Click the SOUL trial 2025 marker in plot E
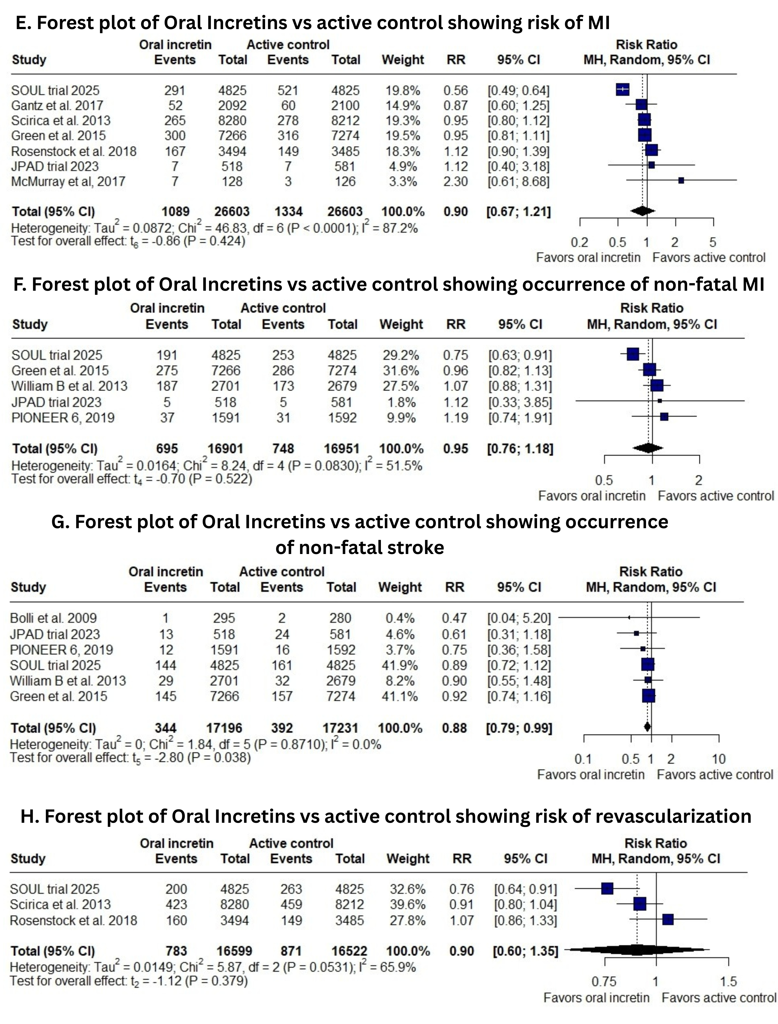point(622,90)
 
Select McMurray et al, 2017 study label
point(68,181)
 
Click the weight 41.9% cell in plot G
point(400,665)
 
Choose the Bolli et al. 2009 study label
point(53,618)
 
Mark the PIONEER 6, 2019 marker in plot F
point(664,417)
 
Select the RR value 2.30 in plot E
point(455,181)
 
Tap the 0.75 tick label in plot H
point(604,981)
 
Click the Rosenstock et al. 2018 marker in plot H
point(668,919)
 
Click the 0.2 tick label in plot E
point(579,242)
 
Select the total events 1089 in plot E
point(176,212)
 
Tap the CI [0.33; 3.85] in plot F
point(520,402)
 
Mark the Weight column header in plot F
point(401,324)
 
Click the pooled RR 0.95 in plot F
point(455,448)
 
